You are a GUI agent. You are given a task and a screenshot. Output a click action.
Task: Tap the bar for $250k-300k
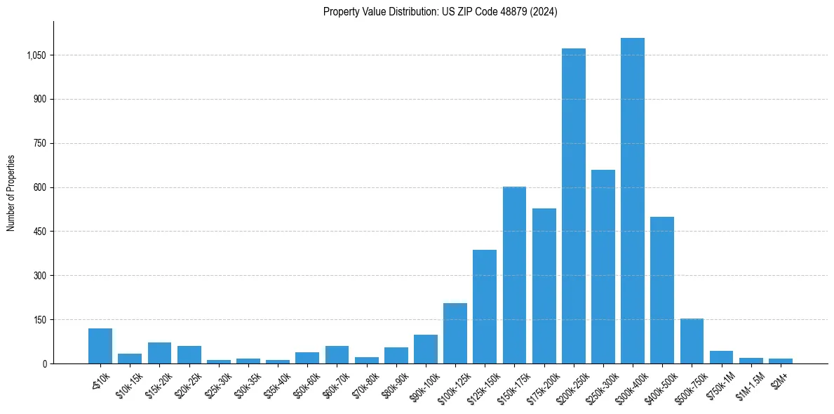(x=603, y=267)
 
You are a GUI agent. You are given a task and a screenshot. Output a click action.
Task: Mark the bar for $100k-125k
(x=455, y=333)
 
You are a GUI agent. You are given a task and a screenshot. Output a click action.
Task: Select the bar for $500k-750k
(x=692, y=341)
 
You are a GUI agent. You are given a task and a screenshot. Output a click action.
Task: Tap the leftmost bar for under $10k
(x=100, y=346)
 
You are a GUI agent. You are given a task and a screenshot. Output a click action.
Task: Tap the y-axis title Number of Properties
(x=11, y=192)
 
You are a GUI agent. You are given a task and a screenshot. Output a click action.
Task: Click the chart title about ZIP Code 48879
(x=440, y=12)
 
